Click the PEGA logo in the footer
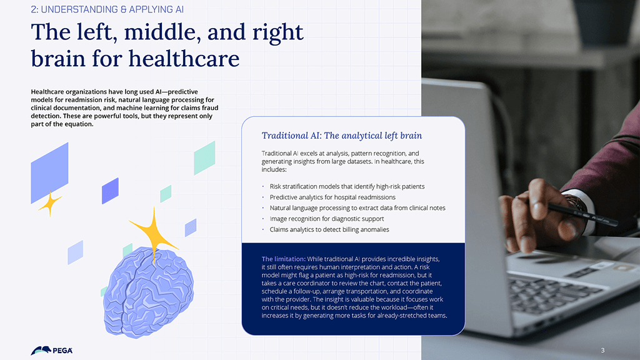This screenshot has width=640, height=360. (x=51, y=350)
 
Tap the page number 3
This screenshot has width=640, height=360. (x=603, y=350)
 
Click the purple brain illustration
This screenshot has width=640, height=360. (x=147, y=292)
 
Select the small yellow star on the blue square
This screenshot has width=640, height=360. (x=50, y=203)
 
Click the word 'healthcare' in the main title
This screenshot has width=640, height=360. (x=184, y=58)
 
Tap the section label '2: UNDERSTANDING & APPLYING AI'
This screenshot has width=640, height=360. (x=107, y=9)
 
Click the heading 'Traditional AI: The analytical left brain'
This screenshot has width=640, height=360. (x=342, y=136)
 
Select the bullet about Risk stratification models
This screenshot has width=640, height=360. (x=347, y=186)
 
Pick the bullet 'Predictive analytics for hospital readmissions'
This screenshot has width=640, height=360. (x=332, y=197)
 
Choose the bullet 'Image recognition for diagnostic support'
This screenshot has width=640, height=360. (x=326, y=219)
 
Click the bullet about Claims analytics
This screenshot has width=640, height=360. (x=329, y=229)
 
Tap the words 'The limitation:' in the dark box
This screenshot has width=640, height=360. (x=283, y=259)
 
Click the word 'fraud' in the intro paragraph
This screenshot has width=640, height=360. (x=210, y=107)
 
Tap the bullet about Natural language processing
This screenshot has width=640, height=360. (x=357, y=208)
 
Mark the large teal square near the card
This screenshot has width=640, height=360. (x=204, y=158)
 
